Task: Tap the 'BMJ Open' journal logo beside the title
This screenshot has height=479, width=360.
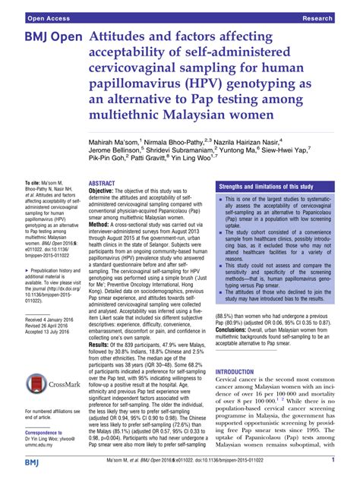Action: (x=46, y=37)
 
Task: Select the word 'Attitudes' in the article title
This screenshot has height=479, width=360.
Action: (x=122, y=37)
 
